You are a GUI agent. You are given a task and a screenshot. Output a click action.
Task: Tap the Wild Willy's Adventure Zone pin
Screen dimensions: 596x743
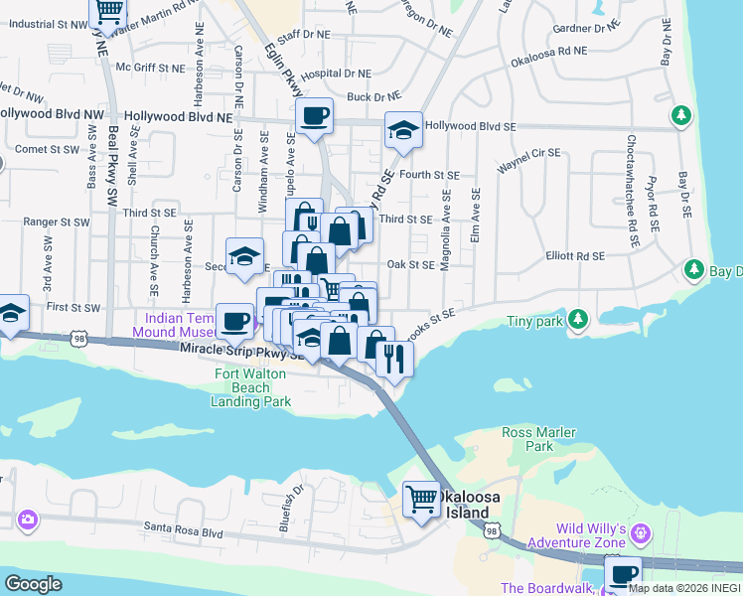click(x=641, y=534)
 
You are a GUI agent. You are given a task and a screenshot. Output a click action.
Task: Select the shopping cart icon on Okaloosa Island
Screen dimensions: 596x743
click(x=422, y=500)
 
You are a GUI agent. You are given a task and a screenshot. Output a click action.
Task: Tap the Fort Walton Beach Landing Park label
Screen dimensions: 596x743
click(x=251, y=387)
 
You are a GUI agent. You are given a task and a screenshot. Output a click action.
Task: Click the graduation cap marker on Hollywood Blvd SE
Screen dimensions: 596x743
click(x=403, y=130)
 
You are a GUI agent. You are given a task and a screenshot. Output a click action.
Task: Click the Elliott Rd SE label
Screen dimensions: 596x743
click(x=575, y=256)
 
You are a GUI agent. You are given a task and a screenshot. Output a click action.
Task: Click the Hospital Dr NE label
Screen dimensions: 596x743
click(x=336, y=74)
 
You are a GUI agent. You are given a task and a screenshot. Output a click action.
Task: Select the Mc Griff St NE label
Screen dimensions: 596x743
click(x=150, y=68)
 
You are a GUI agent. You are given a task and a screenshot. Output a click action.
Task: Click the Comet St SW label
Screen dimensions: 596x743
click(x=47, y=149)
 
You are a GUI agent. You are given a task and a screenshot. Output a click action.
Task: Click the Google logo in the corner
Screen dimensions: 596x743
click(x=33, y=583)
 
